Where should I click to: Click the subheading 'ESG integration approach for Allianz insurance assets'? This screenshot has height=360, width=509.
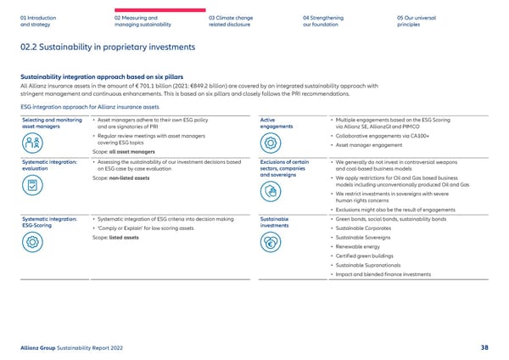(79, 107)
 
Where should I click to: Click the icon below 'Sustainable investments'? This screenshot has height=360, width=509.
(273, 240)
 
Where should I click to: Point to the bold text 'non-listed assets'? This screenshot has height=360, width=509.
(131, 179)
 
